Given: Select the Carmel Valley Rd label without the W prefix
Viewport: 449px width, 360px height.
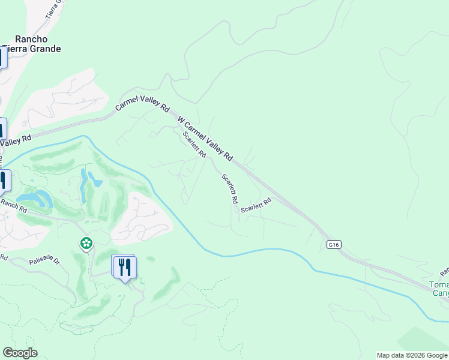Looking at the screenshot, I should click(x=142, y=104).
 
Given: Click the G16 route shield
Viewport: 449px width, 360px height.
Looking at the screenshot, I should click(x=334, y=244).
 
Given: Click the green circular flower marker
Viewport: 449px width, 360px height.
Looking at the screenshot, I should click(x=86, y=243).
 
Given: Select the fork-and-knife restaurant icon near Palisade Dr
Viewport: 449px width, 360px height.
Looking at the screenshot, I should click(x=125, y=266).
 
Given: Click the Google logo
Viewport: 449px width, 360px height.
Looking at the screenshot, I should click(x=20, y=353).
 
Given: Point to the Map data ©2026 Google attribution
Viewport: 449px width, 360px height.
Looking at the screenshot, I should click(x=412, y=355).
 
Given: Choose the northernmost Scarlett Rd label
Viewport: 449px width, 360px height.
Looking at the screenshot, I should click(x=194, y=145).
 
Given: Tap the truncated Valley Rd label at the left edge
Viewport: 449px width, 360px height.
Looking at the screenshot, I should click(x=15, y=142).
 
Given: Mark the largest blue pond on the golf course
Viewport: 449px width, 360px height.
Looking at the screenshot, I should click(x=35, y=197).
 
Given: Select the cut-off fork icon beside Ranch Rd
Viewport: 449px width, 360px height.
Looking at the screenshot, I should click(x=4, y=181).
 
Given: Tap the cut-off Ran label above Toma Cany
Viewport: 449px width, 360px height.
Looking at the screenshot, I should click(x=444, y=272).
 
